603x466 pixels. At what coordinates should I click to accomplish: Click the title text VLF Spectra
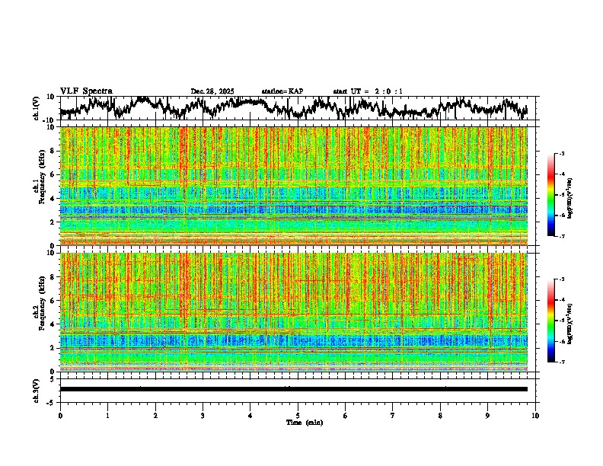click(x=86, y=91)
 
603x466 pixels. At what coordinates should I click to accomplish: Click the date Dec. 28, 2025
click(x=212, y=91)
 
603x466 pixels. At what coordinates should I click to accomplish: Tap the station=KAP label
click(x=282, y=91)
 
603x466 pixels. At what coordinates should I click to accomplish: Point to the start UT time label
click(x=368, y=91)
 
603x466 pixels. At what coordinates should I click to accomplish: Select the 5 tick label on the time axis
click(x=298, y=416)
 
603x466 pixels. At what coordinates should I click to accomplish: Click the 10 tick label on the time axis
click(x=535, y=416)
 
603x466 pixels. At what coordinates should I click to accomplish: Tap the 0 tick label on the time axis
click(x=60, y=416)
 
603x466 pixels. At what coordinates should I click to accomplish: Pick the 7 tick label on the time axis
click(x=393, y=416)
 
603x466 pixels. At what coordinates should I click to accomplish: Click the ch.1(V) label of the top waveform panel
click(x=37, y=108)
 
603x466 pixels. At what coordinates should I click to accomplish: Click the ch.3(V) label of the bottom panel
click(x=37, y=389)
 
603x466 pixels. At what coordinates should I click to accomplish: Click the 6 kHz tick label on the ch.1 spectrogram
click(x=53, y=174)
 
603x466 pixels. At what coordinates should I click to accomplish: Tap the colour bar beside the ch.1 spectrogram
click(x=559, y=195)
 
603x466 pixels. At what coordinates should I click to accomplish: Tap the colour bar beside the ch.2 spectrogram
click(x=559, y=321)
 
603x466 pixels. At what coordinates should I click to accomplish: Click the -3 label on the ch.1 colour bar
click(x=568, y=154)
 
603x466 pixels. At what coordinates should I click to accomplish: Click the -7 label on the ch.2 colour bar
click(x=568, y=362)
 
